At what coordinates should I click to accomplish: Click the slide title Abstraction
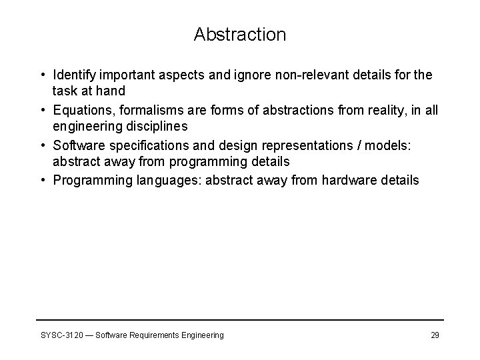point(240,35)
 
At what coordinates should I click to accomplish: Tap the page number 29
point(435,335)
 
